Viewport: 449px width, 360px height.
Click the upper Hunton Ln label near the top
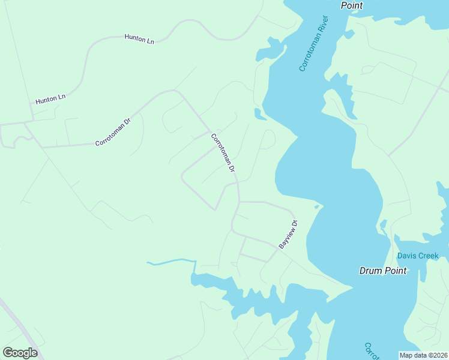pyautogui.click(x=139, y=38)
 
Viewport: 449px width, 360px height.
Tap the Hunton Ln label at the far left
pyautogui.click(x=50, y=99)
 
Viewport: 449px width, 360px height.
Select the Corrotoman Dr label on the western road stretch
pyautogui.click(x=113, y=132)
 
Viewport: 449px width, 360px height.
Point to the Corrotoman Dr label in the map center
pyautogui.click(x=222, y=152)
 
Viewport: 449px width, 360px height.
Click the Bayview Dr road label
pyautogui.click(x=288, y=234)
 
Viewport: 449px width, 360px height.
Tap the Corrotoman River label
pyautogui.click(x=315, y=44)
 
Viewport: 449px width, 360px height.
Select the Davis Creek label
pyautogui.click(x=418, y=256)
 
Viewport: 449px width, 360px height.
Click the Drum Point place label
pyautogui.click(x=383, y=271)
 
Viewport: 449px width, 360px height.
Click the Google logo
pyautogui.click(x=20, y=353)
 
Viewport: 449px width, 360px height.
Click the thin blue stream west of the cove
pyautogui.click(x=171, y=262)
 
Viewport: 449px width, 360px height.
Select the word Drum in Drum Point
pyautogui.click(x=371, y=271)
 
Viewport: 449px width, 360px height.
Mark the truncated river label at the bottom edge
pyautogui.click(x=370, y=351)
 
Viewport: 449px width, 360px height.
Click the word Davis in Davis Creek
pyautogui.click(x=407, y=256)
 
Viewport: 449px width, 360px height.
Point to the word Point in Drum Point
pyautogui.click(x=396, y=271)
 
